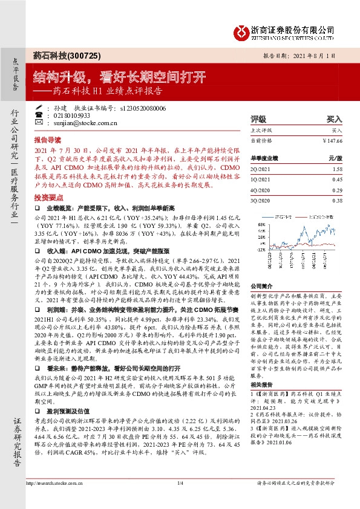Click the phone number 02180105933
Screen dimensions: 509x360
[71, 115]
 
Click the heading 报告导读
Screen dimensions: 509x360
[47, 138]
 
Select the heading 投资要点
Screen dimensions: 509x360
[47, 198]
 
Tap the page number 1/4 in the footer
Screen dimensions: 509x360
[180, 484]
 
